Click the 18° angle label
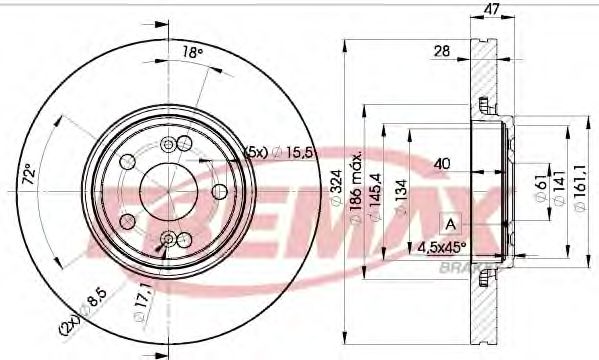(191, 52)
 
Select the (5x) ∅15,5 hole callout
(281, 152)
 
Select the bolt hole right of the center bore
(218, 188)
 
